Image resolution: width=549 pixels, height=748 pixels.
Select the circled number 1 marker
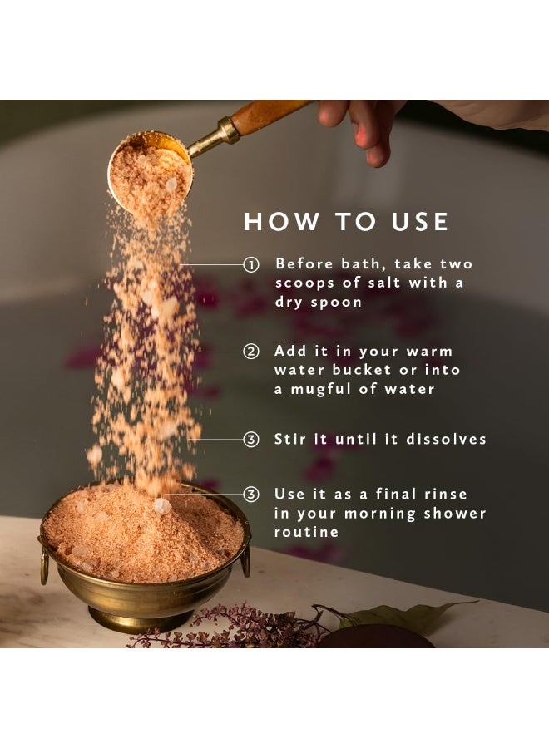coord(251,264)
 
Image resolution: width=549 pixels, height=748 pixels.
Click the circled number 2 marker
coord(251,352)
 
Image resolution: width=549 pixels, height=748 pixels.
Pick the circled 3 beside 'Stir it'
coord(251,440)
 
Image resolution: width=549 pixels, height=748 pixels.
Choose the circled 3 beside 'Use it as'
coord(251,494)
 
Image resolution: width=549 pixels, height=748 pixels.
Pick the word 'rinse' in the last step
coord(448,494)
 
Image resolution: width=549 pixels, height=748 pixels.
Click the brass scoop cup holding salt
coord(151,170)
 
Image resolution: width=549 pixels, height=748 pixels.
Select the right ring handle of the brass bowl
coord(245,563)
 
